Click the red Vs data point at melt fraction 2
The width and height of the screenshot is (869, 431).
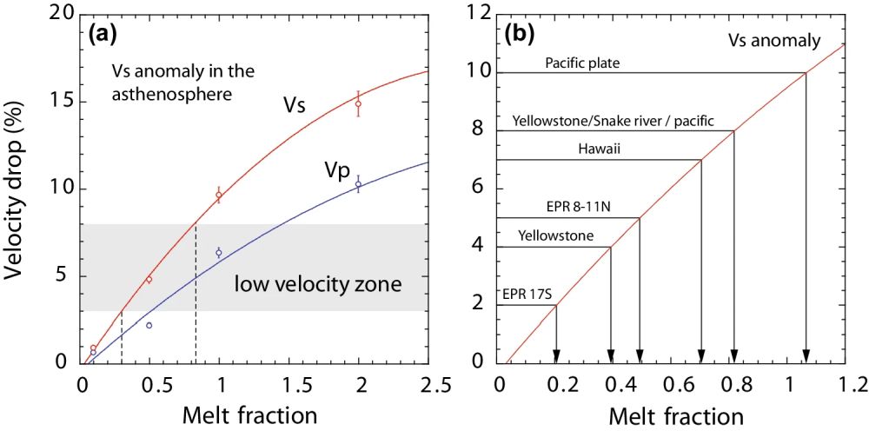[x=358, y=103]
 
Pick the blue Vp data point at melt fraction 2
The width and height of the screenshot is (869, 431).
[x=358, y=183]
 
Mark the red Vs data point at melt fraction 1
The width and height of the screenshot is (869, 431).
[x=220, y=196]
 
